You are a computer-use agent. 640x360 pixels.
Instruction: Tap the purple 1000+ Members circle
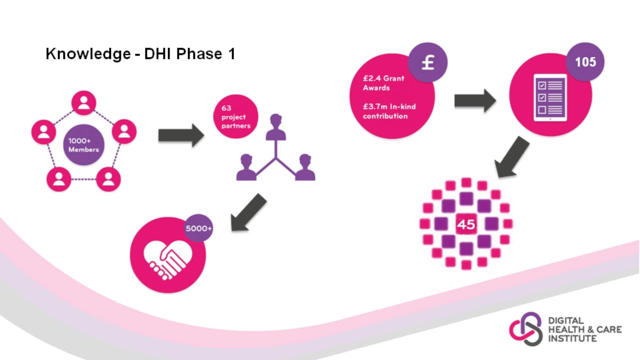click(83, 145)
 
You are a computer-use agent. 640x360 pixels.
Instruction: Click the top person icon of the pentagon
click(83, 103)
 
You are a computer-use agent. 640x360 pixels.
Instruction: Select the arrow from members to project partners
click(181, 135)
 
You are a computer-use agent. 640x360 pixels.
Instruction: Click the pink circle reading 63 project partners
click(235, 116)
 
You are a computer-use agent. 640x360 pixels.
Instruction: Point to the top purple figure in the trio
click(275, 127)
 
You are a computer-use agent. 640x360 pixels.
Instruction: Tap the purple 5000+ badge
click(198, 228)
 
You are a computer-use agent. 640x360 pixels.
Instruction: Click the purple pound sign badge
click(427, 62)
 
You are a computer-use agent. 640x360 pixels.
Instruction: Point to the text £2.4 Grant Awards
click(383, 83)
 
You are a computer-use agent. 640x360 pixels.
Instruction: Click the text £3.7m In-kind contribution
click(389, 111)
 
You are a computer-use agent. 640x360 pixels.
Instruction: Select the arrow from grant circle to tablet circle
click(475, 101)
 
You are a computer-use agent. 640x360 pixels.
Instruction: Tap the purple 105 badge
click(585, 61)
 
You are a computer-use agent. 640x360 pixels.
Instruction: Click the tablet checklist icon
click(550, 97)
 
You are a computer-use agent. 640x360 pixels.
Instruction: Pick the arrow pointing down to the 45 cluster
click(511, 157)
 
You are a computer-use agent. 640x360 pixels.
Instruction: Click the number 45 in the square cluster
click(466, 224)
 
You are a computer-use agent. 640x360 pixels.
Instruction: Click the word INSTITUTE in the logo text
click(572, 339)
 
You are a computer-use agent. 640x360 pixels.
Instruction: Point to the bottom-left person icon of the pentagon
click(59, 179)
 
